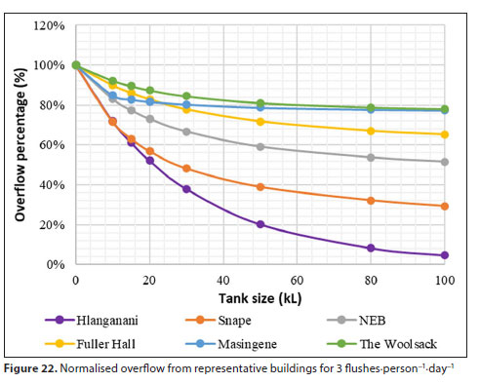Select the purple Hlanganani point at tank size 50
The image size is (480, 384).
260,224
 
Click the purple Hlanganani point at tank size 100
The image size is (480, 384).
445,255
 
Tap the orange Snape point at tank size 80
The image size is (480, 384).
371,201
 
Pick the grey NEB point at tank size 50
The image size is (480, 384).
260,146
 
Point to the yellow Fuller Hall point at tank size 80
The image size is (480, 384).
371,131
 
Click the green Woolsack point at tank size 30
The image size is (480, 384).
186,96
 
